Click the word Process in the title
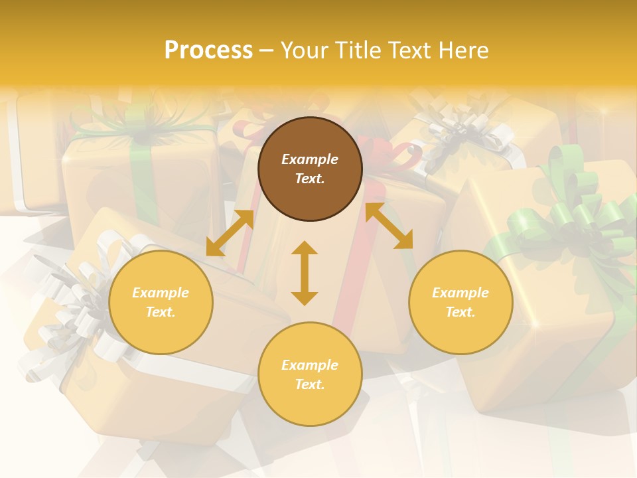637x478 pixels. point(208,50)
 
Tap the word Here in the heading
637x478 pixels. point(462,50)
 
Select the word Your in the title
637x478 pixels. point(304,50)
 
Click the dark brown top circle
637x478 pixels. point(310,169)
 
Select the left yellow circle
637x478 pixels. point(161,302)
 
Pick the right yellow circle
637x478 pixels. point(460,302)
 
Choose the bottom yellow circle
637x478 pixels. point(310,374)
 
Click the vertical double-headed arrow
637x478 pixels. point(305,273)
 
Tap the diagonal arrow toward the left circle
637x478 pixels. point(230,232)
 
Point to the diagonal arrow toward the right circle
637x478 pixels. point(389,226)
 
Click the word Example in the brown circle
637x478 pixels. point(310,159)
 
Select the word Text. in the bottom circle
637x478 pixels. point(310,384)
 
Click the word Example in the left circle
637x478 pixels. point(161,293)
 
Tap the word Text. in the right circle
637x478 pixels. point(460,312)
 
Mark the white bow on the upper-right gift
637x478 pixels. point(464,129)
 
